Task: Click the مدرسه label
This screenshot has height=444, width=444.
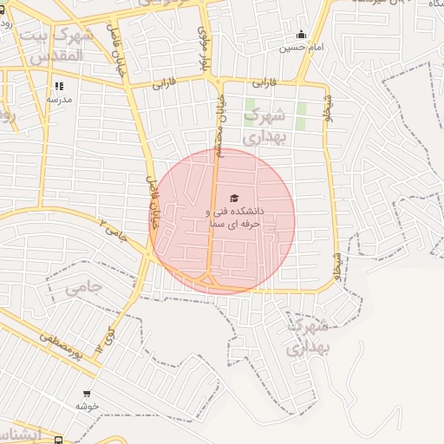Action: [x=58, y=100]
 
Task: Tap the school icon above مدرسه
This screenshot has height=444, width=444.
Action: [x=59, y=86]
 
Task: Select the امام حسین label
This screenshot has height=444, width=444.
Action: [x=301, y=48]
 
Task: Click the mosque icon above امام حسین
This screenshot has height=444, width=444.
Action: [x=301, y=35]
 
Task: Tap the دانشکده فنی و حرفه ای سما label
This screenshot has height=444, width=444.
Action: [x=233, y=218]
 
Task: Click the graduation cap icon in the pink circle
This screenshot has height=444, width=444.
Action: [x=233, y=199]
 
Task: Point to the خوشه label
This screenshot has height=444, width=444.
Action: [x=87, y=406]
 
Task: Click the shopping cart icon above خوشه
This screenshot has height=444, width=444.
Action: [x=87, y=393]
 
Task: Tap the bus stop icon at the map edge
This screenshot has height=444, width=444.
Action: [x=58, y=439]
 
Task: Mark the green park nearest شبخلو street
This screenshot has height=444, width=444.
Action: [x=302, y=116]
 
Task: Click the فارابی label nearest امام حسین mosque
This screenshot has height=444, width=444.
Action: [x=264, y=83]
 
